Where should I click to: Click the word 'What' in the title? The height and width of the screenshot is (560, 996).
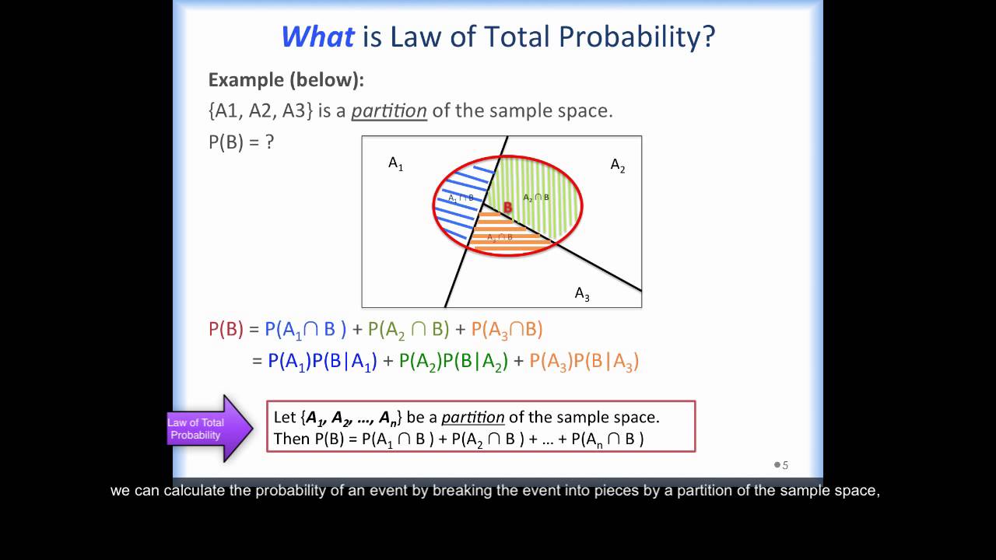[317, 37]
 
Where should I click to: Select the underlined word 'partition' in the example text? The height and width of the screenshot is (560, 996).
[389, 110]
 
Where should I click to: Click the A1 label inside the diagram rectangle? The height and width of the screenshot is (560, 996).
[395, 163]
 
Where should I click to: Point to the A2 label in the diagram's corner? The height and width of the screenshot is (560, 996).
[617, 166]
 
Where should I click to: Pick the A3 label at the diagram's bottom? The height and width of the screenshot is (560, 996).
[582, 294]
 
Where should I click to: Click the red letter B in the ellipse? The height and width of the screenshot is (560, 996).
[507, 208]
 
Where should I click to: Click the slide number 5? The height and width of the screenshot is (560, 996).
[785, 465]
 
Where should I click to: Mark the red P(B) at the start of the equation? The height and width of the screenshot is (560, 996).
[226, 329]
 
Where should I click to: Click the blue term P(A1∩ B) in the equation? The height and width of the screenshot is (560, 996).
[305, 329]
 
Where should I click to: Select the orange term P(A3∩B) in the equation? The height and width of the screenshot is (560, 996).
[507, 329]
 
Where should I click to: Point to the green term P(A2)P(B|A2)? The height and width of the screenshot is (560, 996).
[453, 361]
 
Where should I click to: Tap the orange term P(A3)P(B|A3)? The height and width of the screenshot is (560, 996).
[584, 361]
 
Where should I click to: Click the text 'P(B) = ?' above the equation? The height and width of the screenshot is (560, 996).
[241, 142]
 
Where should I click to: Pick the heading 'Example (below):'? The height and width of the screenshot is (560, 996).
[286, 79]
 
